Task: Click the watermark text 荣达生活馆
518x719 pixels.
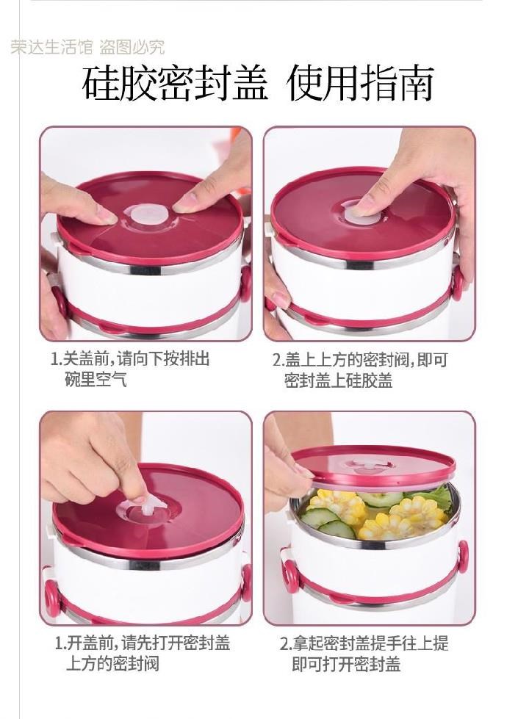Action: (52, 47)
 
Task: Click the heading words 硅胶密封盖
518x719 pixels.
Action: (176, 84)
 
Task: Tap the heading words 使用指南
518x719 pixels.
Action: (360, 84)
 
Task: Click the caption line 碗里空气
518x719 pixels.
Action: (96, 379)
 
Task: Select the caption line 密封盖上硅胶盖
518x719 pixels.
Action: (338, 380)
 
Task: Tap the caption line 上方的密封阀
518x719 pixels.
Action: (113, 663)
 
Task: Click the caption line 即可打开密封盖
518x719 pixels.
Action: (346, 663)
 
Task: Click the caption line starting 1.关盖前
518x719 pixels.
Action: (130, 358)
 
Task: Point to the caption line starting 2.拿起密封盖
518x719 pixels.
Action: (364, 643)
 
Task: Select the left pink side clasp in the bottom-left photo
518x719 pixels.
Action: (52, 595)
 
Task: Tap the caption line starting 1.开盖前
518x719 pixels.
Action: (143, 643)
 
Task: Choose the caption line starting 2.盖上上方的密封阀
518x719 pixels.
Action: (360, 360)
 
